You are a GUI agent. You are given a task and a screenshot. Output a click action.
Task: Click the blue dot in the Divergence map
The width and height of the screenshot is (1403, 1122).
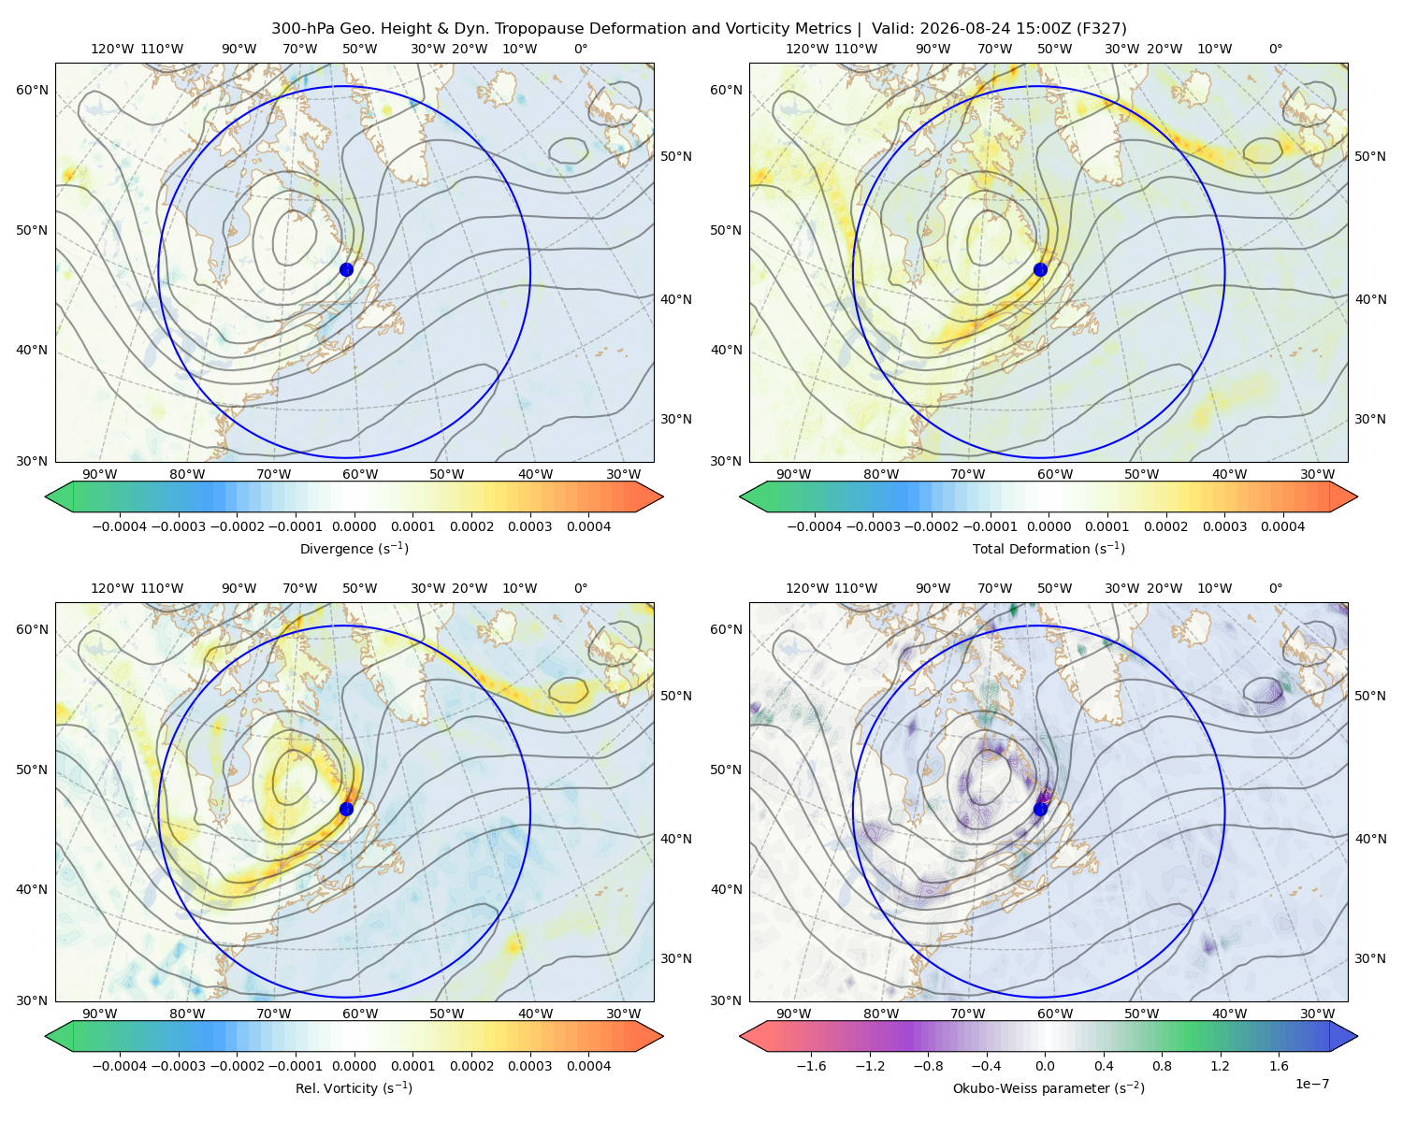(x=346, y=269)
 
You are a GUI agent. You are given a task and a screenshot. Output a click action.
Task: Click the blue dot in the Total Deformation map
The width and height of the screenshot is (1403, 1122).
(x=1040, y=269)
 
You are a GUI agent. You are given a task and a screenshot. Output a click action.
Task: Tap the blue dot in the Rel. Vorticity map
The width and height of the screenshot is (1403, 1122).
(x=346, y=809)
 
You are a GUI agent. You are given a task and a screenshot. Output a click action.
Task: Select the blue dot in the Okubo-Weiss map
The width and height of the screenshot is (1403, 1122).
(x=1040, y=809)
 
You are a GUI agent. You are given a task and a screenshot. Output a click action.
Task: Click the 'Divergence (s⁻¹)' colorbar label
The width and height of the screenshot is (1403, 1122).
(x=354, y=548)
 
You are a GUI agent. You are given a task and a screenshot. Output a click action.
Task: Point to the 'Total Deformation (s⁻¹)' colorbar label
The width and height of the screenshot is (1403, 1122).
(x=1049, y=548)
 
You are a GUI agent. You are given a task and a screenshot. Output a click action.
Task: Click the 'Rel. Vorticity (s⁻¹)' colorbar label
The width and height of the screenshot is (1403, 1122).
(x=354, y=1088)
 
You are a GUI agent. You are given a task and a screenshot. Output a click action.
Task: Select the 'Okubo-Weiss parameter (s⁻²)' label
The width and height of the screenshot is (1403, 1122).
(x=1049, y=1088)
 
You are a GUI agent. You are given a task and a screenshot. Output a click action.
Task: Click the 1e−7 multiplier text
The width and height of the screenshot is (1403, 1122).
(x=1311, y=1084)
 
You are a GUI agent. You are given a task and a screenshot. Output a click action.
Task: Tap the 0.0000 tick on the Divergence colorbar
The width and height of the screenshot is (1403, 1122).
(x=354, y=526)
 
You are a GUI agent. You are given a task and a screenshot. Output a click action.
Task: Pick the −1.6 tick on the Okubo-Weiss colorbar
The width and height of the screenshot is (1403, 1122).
(x=812, y=1066)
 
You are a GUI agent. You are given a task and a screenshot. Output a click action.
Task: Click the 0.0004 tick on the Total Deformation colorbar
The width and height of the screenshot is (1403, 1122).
(x=1283, y=526)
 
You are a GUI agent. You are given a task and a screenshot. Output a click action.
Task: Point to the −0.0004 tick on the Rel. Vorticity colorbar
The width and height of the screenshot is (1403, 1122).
(x=120, y=1066)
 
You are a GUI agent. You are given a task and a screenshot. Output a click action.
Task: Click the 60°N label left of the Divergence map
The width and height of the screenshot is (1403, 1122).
(x=32, y=90)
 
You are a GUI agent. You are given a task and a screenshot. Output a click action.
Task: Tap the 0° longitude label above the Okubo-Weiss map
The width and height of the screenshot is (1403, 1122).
(x=1275, y=588)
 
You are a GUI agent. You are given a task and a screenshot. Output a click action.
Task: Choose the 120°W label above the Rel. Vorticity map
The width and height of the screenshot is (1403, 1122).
(x=112, y=588)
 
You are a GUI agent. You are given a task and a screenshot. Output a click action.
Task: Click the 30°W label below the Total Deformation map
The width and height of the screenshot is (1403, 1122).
(x=1318, y=474)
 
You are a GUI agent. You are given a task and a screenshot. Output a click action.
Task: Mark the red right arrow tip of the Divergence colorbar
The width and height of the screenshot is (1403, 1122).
(x=663, y=496)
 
